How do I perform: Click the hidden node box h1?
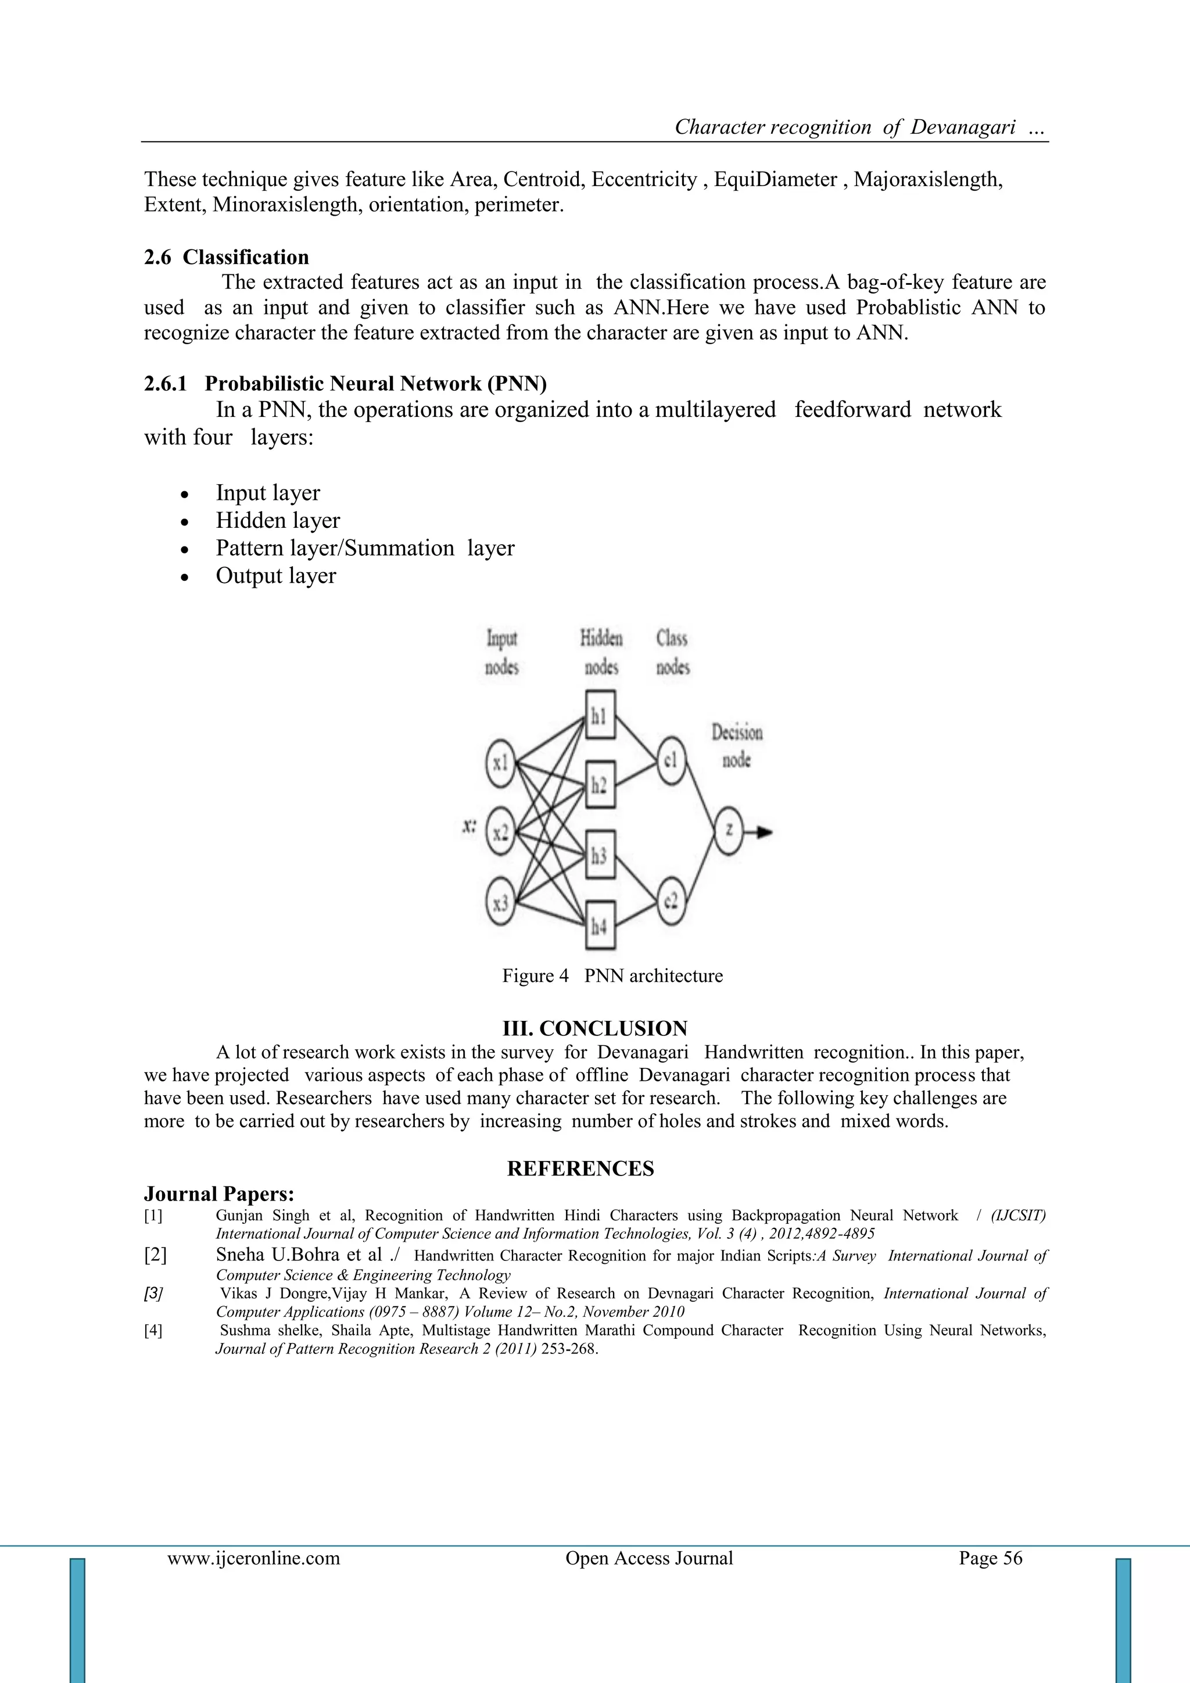coord(600,716)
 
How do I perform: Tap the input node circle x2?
coord(500,832)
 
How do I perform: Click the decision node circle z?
coord(729,831)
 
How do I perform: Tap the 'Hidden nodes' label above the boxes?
coord(601,652)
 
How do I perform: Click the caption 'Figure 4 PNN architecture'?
coord(612,976)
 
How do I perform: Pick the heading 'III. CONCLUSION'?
coord(594,1028)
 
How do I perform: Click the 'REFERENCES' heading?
coord(580,1169)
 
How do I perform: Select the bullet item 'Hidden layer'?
coord(278,520)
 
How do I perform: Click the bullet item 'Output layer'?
coord(275,576)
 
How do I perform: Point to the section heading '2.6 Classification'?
coord(227,258)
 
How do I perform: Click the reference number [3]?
coord(153,1293)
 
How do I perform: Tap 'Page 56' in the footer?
coord(990,1557)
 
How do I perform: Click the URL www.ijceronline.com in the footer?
coord(253,1557)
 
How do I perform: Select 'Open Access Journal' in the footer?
coord(648,1557)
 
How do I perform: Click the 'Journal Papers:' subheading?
coord(219,1194)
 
